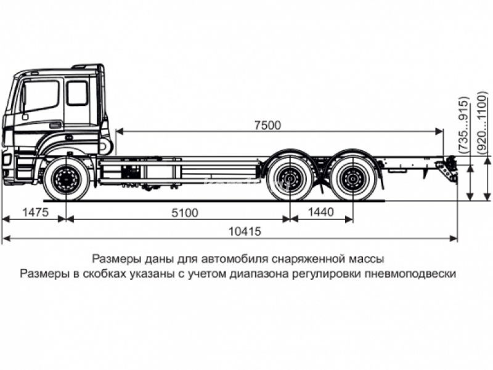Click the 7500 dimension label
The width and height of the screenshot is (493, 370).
[x=267, y=125]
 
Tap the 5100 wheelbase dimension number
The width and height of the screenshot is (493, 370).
[x=185, y=213]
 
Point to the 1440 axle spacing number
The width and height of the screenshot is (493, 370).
[x=322, y=213]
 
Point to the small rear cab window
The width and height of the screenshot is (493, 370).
[x=78, y=93]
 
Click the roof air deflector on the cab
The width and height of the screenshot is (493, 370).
[x=89, y=66]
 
